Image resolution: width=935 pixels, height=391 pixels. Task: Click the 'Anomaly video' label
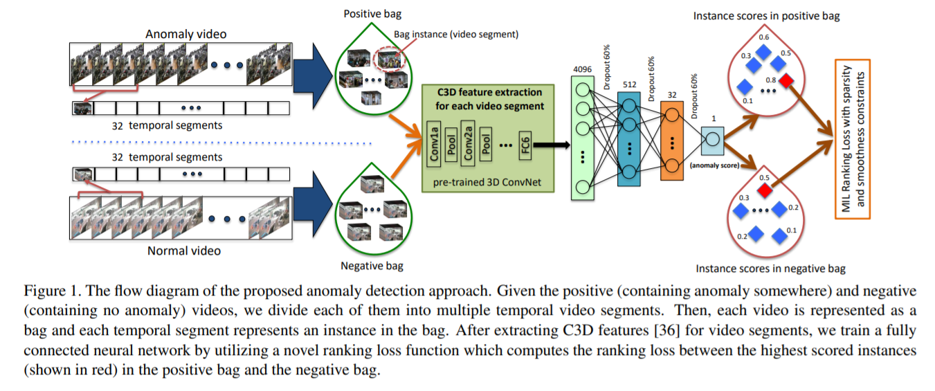tap(185, 34)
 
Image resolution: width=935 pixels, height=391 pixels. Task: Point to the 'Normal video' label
tap(184, 250)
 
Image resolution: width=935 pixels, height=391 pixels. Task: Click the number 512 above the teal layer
tap(629, 84)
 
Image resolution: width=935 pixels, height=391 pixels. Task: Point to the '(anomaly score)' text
tap(714, 165)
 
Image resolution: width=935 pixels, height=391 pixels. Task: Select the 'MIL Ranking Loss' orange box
tap(852, 138)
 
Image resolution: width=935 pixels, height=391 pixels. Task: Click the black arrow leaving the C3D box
tap(550, 145)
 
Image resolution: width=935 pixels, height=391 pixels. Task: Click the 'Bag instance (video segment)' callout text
tap(456, 34)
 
